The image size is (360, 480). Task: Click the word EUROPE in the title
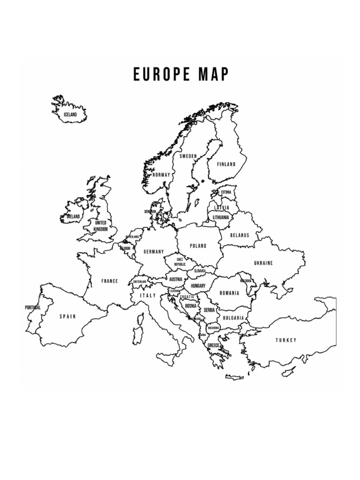pos(159,75)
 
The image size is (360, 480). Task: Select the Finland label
pos(226,165)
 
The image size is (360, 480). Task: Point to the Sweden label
pos(188,156)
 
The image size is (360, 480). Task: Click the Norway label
pos(161,175)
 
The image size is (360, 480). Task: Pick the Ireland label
pos(73,217)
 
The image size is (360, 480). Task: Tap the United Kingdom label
pos(101,226)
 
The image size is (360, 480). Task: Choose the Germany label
pos(154,252)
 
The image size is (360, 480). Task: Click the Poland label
pos(198,246)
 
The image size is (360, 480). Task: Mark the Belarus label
pos(240,235)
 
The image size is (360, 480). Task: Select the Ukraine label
pos(263,263)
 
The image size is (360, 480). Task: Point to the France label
pos(110,281)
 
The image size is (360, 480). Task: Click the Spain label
pos(67,316)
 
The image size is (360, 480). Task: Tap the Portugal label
pos(33,307)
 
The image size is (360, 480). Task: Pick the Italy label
pos(148,296)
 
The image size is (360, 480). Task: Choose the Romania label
pos(229,293)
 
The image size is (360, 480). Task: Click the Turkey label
pos(286,340)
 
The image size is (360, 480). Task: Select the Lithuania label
pos(221,217)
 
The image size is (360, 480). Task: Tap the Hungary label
pos(198,285)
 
